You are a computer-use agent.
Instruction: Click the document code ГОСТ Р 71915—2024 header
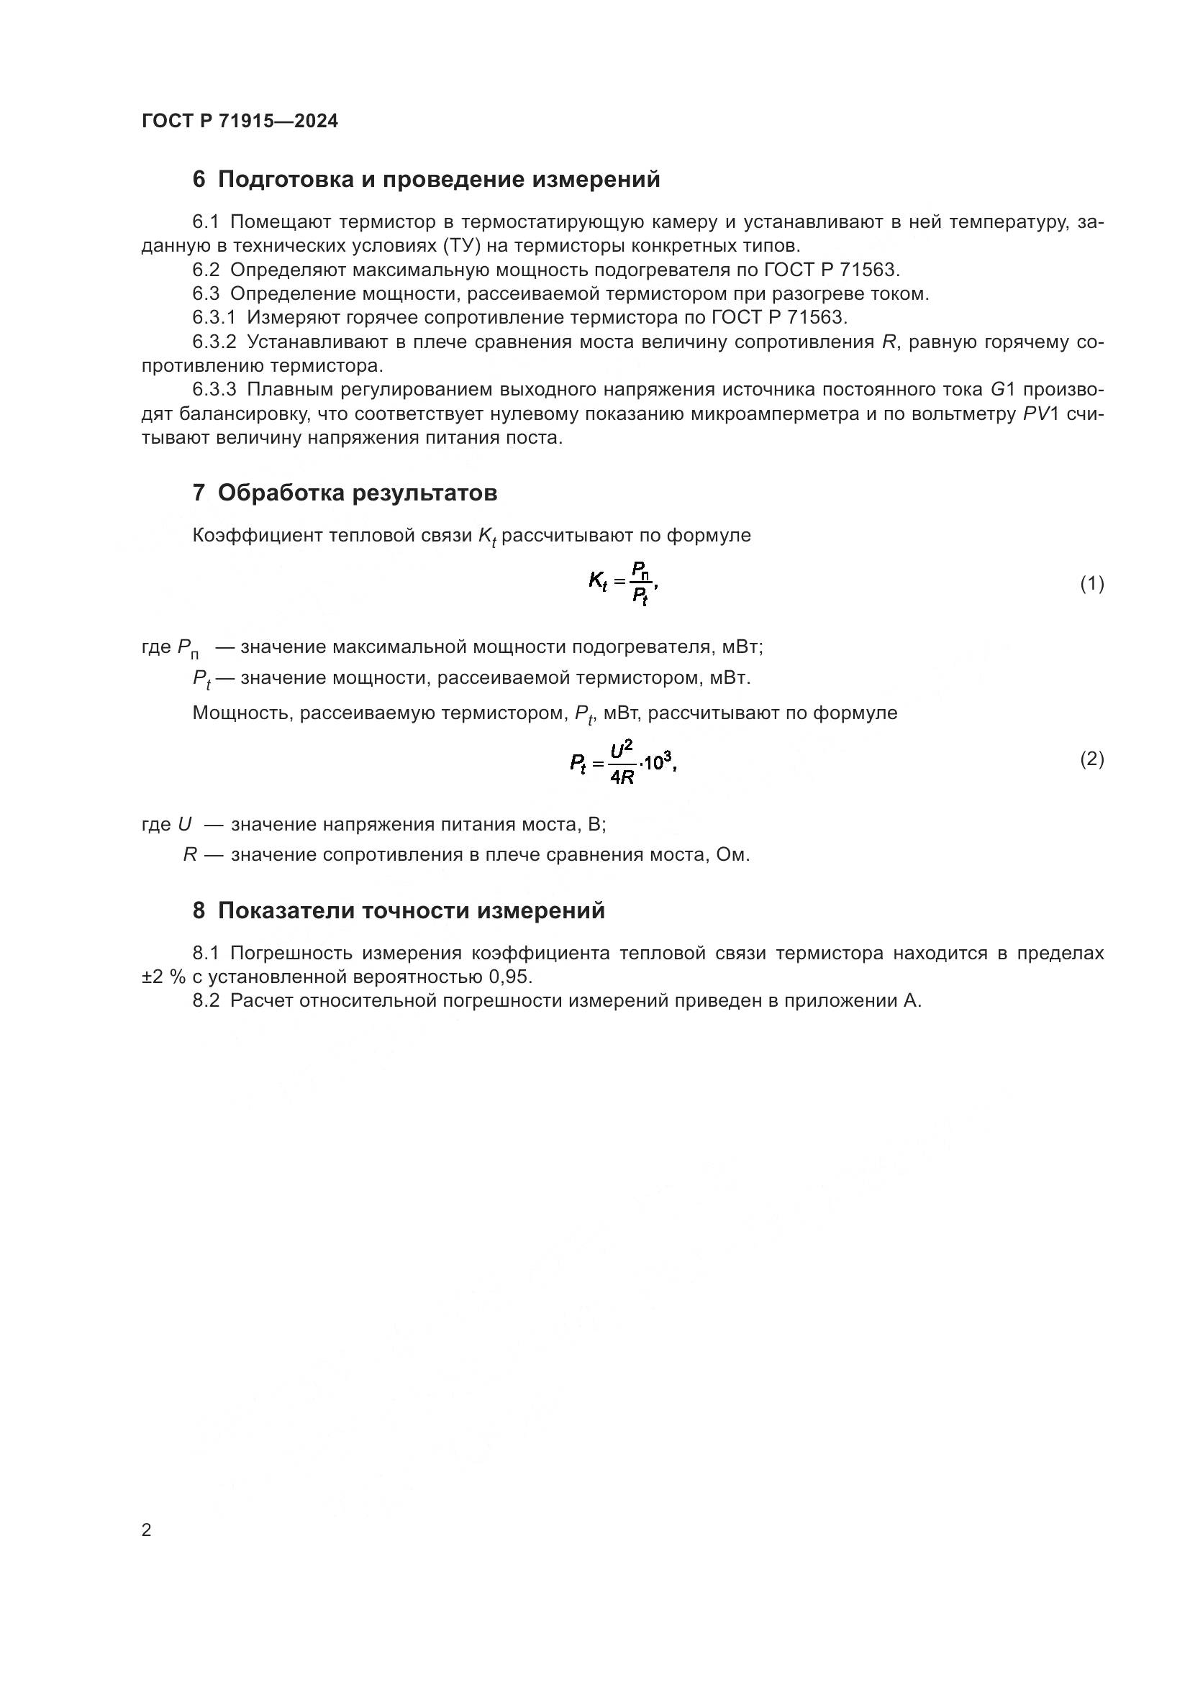coord(240,121)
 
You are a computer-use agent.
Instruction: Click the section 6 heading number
coord(199,180)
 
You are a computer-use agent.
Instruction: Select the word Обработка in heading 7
coord(281,493)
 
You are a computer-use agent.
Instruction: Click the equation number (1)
coord(1092,584)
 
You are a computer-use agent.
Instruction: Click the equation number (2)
coord(1092,759)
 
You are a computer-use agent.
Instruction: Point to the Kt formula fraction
coord(640,584)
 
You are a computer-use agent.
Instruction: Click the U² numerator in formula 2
coord(621,749)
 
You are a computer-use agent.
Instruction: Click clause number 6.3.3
coord(214,389)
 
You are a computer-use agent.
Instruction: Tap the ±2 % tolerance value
coord(163,977)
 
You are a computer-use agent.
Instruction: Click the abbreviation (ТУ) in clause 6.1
coord(461,245)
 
